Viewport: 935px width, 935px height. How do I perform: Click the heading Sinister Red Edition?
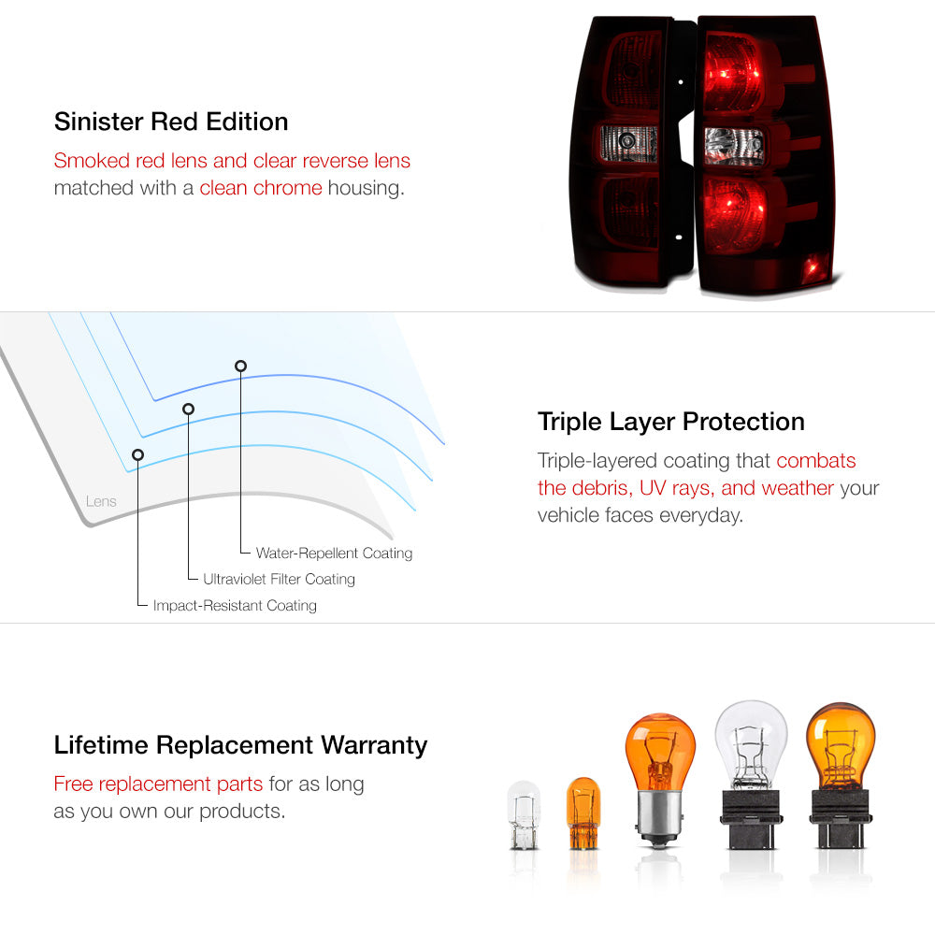pyautogui.click(x=171, y=122)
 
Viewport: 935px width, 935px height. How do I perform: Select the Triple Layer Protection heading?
pyautogui.click(x=670, y=422)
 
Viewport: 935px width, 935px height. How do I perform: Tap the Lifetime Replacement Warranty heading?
pyautogui.click(x=240, y=745)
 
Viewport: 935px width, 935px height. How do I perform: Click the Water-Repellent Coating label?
pyautogui.click(x=334, y=554)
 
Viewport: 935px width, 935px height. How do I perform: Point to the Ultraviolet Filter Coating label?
pyautogui.click(x=279, y=579)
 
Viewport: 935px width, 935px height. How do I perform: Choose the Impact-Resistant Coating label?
pyautogui.click(x=235, y=605)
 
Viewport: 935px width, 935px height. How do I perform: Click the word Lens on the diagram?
pyautogui.click(x=101, y=501)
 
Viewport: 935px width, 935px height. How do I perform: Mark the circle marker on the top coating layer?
pyautogui.click(x=240, y=367)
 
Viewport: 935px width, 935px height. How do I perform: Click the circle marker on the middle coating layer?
pyautogui.click(x=189, y=410)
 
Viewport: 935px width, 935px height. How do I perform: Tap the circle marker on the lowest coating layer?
pyautogui.click(x=137, y=455)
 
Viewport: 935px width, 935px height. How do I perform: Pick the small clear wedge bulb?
pyautogui.click(x=524, y=815)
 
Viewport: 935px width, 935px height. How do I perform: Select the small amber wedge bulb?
pyautogui.click(x=583, y=813)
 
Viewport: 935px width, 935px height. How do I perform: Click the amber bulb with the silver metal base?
pyautogui.click(x=659, y=780)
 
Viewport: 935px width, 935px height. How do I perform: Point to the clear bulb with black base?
pyautogui.click(x=751, y=774)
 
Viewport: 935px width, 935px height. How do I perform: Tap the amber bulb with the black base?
pyautogui.click(x=841, y=775)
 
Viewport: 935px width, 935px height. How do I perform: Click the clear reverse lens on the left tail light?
pyautogui.click(x=629, y=143)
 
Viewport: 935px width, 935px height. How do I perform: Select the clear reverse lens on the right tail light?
pyautogui.click(x=734, y=146)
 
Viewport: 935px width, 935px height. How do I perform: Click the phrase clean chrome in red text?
pyautogui.click(x=261, y=188)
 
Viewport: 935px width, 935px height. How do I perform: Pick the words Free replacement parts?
pyautogui.click(x=158, y=784)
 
